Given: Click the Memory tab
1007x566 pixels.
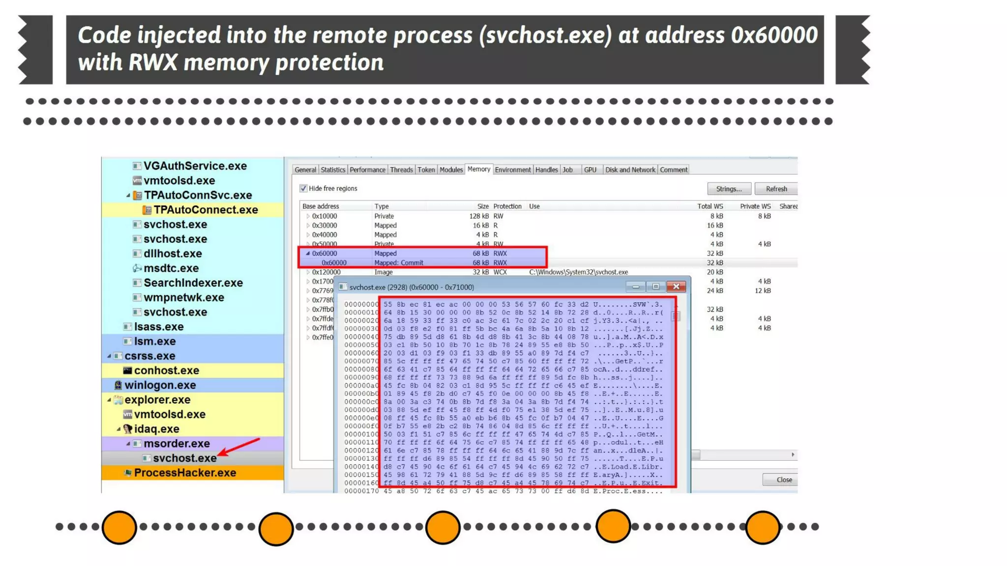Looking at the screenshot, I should [x=478, y=169].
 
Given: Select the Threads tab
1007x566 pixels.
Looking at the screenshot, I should [x=401, y=170].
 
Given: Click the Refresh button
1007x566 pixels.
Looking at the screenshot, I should [x=776, y=189].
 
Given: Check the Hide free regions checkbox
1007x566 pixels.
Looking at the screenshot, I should [x=303, y=188].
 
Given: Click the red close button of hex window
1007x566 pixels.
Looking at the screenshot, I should [x=676, y=286].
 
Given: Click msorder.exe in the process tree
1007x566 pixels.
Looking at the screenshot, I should [x=177, y=443].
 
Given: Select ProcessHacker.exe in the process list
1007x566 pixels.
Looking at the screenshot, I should [x=185, y=473].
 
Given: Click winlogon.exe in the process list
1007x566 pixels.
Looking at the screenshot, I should [x=160, y=385].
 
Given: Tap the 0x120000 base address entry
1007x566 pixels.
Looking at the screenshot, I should [x=326, y=272].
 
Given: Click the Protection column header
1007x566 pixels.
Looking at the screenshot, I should [x=507, y=206].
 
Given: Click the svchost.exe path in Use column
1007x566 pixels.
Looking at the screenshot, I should [x=578, y=272].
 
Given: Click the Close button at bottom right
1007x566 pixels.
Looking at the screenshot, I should [x=784, y=480].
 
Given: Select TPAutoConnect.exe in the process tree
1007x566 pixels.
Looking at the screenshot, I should [x=206, y=210].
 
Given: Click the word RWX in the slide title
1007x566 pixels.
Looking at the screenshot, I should [x=152, y=62].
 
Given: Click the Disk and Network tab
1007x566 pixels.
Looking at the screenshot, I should [x=630, y=170].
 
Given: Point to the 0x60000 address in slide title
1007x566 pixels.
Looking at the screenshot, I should [x=774, y=35].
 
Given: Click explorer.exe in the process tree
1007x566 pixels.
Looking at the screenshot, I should [x=157, y=399].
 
